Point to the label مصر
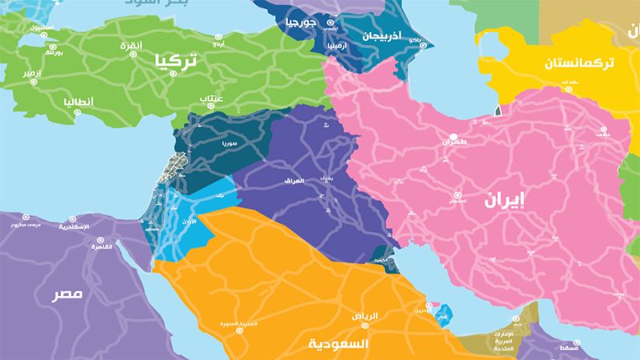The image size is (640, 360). (x=68, y=294)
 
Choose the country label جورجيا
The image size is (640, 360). (x=302, y=22)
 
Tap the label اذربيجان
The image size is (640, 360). (x=373, y=36)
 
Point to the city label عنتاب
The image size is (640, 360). (x=212, y=99)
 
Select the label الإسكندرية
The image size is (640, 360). (x=74, y=227)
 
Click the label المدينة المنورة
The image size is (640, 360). (x=239, y=324)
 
